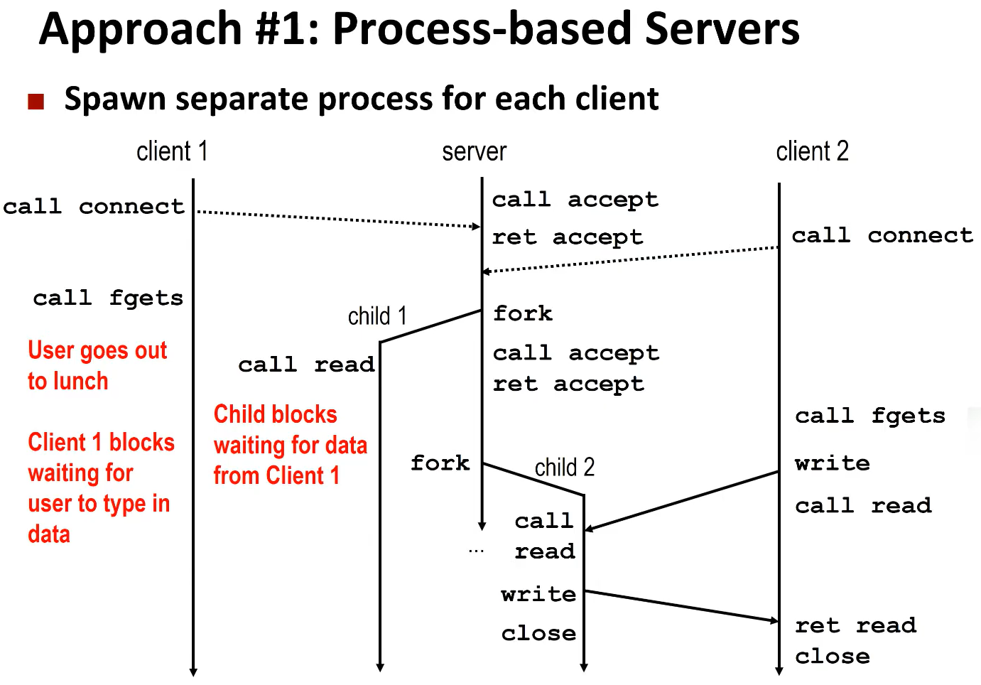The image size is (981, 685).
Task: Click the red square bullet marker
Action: click(36, 102)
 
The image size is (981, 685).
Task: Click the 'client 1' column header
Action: click(172, 151)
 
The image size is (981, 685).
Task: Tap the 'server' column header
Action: click(474, 151)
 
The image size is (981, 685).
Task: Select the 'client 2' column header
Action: click(812, 151)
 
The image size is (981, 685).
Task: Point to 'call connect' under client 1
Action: click(94, 207)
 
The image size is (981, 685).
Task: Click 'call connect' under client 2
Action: click(882, 235)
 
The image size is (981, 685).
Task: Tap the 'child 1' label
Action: click(377, 315)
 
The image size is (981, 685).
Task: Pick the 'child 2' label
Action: click(564, 468)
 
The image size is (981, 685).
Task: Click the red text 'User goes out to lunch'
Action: click(97, 365)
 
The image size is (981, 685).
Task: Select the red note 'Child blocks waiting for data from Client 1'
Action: click(290, 445)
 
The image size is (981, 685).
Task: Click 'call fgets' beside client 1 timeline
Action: click(108, 298)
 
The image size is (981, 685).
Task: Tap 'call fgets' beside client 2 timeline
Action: click(870, 416)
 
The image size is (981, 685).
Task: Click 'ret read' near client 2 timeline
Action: click(855, 625)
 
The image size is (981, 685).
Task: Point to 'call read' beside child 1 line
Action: click(306, 365)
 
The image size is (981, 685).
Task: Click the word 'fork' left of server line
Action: click(440, 463)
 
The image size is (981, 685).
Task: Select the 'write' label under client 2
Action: click(833, 463)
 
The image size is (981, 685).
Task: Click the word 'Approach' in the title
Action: click(141, 30)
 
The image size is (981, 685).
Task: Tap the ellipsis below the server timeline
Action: click(476, 551)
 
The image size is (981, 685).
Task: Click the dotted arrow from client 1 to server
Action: click(337, 219)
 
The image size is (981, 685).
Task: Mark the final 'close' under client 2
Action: click(833, 656)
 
